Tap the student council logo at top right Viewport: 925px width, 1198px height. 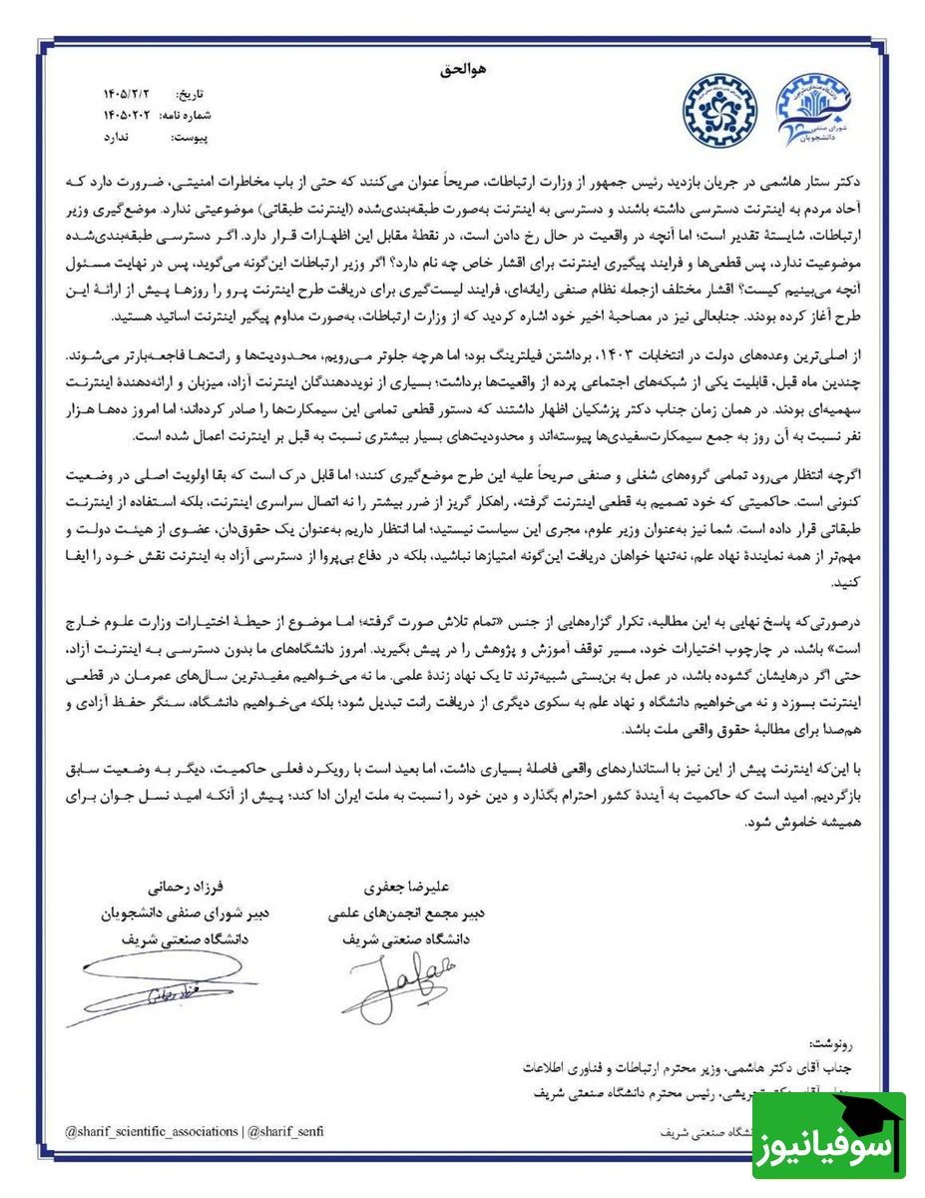(x=816, y=111)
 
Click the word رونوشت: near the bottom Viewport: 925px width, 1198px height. (x=836, y=1040)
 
